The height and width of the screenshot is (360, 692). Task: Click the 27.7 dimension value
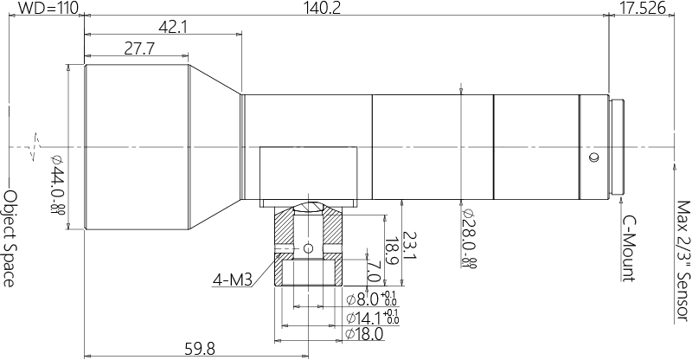click(138, 50)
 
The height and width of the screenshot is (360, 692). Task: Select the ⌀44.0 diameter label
click(57, 185)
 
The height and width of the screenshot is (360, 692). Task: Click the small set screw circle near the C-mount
click(593, 158)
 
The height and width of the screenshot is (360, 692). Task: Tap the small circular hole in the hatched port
click(310, 249)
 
